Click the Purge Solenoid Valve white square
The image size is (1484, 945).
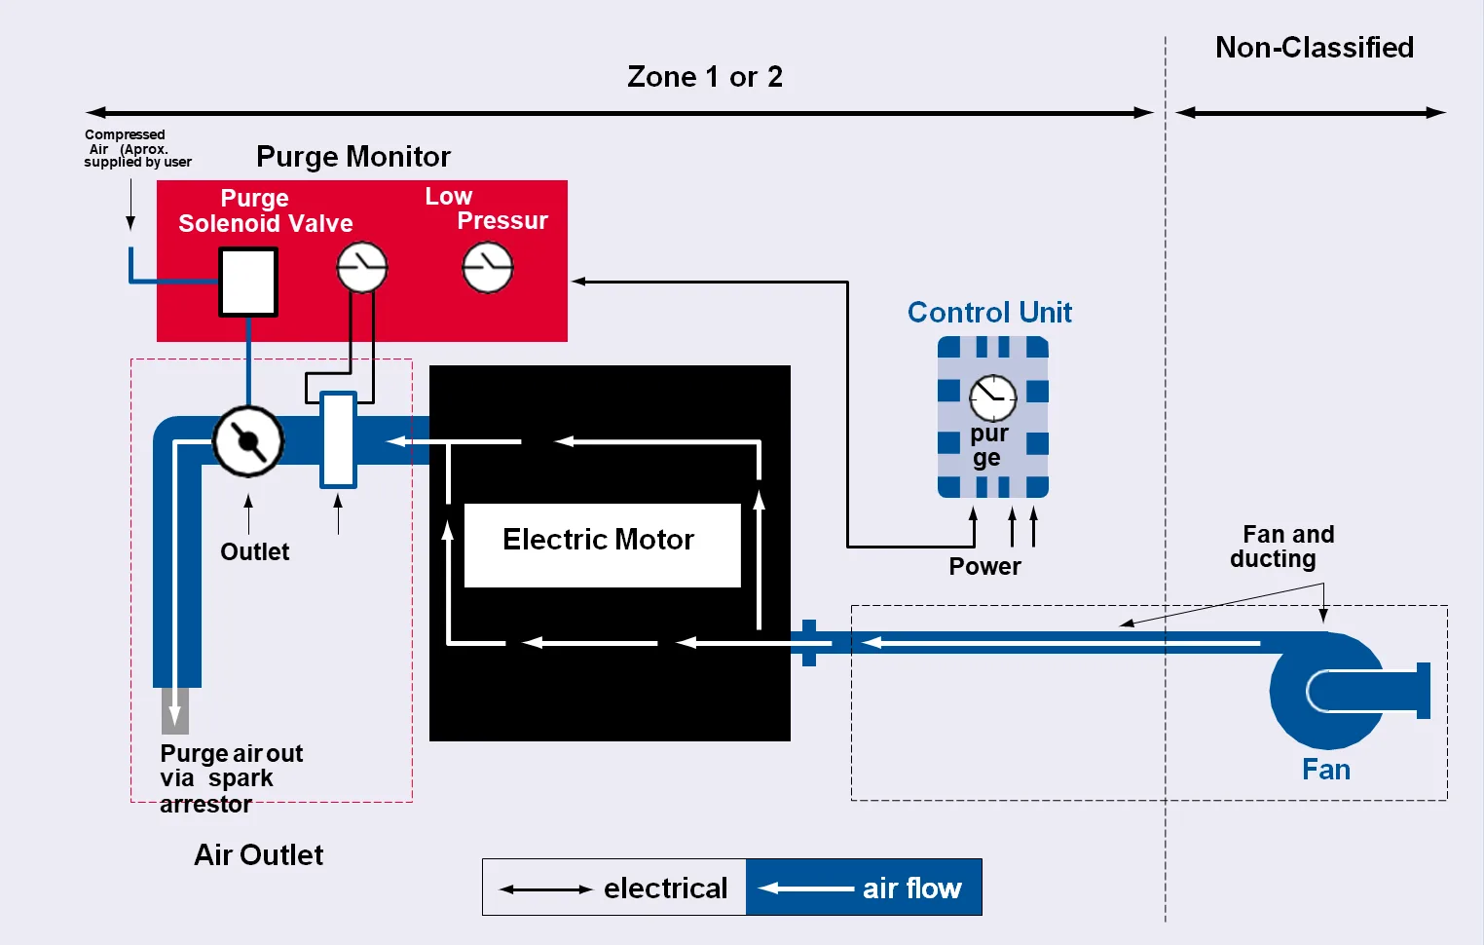(248, 282)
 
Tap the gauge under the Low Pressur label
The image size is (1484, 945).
(488, 268)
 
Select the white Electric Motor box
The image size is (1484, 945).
(602, 545)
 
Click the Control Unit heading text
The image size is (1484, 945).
(989, 313)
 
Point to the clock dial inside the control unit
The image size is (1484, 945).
(992, 397)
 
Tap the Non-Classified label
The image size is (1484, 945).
(1315, 48)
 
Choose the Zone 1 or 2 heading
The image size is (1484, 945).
(705, 77)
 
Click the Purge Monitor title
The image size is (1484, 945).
(353, 157)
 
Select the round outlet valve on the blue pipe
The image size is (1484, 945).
(248, 441)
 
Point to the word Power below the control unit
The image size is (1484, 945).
(984, 567)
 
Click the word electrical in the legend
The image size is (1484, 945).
(665, 888)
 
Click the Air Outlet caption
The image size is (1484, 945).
(258, 855)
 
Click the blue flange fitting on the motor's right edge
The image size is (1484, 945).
(809, 643)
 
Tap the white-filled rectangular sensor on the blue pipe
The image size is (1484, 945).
(338, 439)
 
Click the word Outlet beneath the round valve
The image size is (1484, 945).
(254, 552)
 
